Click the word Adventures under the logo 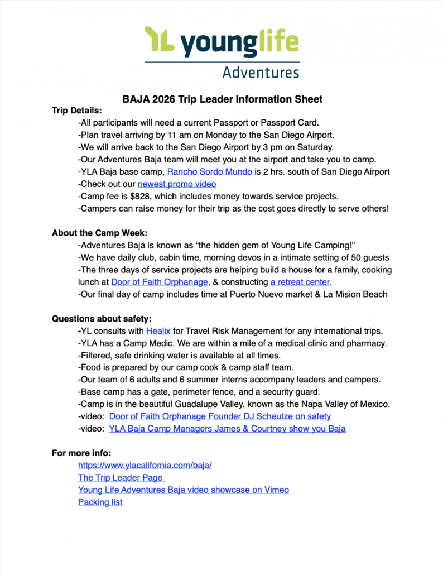pos(261,73)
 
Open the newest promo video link pos(177,184)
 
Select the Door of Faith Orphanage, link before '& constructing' pos(161,282)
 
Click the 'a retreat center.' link pos(301,282)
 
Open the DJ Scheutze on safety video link pos(220,416)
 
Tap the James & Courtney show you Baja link pos(227,429)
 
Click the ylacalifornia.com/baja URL pos(145,465)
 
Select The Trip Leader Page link pos(121,477)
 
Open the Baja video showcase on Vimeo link pos(184,490)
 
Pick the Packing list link pos(100,502)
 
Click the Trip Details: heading pos(77,111)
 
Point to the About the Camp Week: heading pos(99,233)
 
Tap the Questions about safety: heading pos(102,319)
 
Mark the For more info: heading pos(81,453)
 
